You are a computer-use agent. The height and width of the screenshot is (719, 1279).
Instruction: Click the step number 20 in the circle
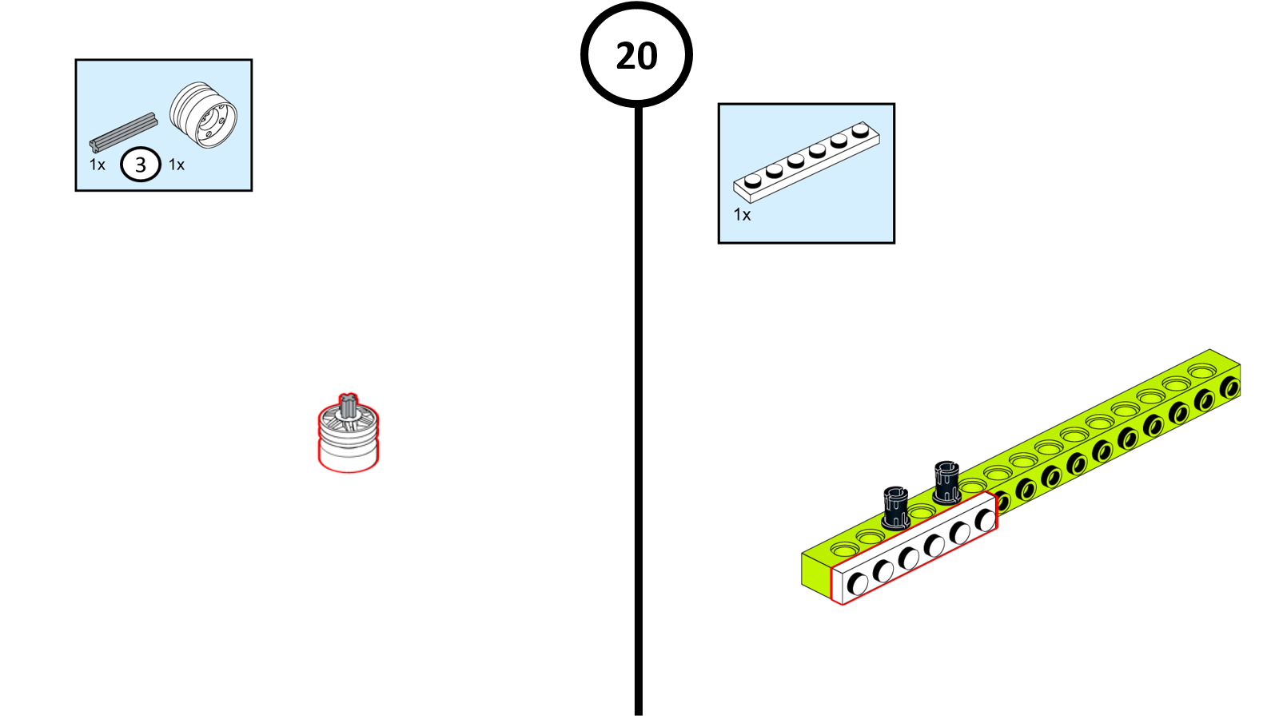tap(636, 56)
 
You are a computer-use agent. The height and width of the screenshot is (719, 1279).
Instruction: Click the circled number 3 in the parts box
tap(141, 165)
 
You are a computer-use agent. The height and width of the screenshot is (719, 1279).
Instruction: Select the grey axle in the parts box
tap(124, 133)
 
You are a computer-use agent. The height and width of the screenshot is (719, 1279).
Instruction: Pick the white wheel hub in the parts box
tap(203, 117)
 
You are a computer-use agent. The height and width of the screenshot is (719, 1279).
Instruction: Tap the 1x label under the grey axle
tap(98, 165)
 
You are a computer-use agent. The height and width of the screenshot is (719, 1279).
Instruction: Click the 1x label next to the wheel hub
tap(177, 165)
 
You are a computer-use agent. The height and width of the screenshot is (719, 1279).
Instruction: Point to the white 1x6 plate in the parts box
tap(806, 161)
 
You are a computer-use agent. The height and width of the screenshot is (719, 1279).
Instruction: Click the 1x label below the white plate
tap(743, 215)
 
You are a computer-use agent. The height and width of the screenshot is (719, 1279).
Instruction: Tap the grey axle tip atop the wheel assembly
tap(347, 404)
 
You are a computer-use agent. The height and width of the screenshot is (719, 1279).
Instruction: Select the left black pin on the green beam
tap(895, 508)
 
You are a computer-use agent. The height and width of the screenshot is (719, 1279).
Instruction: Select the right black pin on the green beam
tap(946, 483)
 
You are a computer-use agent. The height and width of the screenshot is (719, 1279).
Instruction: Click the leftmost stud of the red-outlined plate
tap(858, 584)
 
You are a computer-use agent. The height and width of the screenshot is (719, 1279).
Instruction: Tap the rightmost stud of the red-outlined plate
tap(986, 520)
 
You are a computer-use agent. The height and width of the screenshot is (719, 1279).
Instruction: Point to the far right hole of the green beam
tap(1230, 389)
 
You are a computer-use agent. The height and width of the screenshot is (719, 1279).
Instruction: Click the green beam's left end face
tap(815, 572)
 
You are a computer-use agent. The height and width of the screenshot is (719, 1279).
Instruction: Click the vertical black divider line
tap(638, 399)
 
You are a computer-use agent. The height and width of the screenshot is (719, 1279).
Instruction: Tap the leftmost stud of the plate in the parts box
tap(753, 181)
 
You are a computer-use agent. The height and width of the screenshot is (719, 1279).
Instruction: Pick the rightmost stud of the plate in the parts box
tap(860, 129)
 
